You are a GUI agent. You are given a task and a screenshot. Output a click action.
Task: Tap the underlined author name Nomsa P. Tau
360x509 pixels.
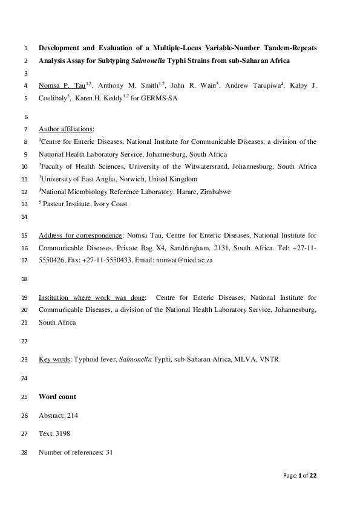point(62,85)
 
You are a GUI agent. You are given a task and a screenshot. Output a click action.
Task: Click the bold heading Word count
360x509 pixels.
point(57,397)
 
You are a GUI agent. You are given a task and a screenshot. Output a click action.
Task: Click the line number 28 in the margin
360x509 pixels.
point(24,452)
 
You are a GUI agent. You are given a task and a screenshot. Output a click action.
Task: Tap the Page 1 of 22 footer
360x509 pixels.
point(300,476)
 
